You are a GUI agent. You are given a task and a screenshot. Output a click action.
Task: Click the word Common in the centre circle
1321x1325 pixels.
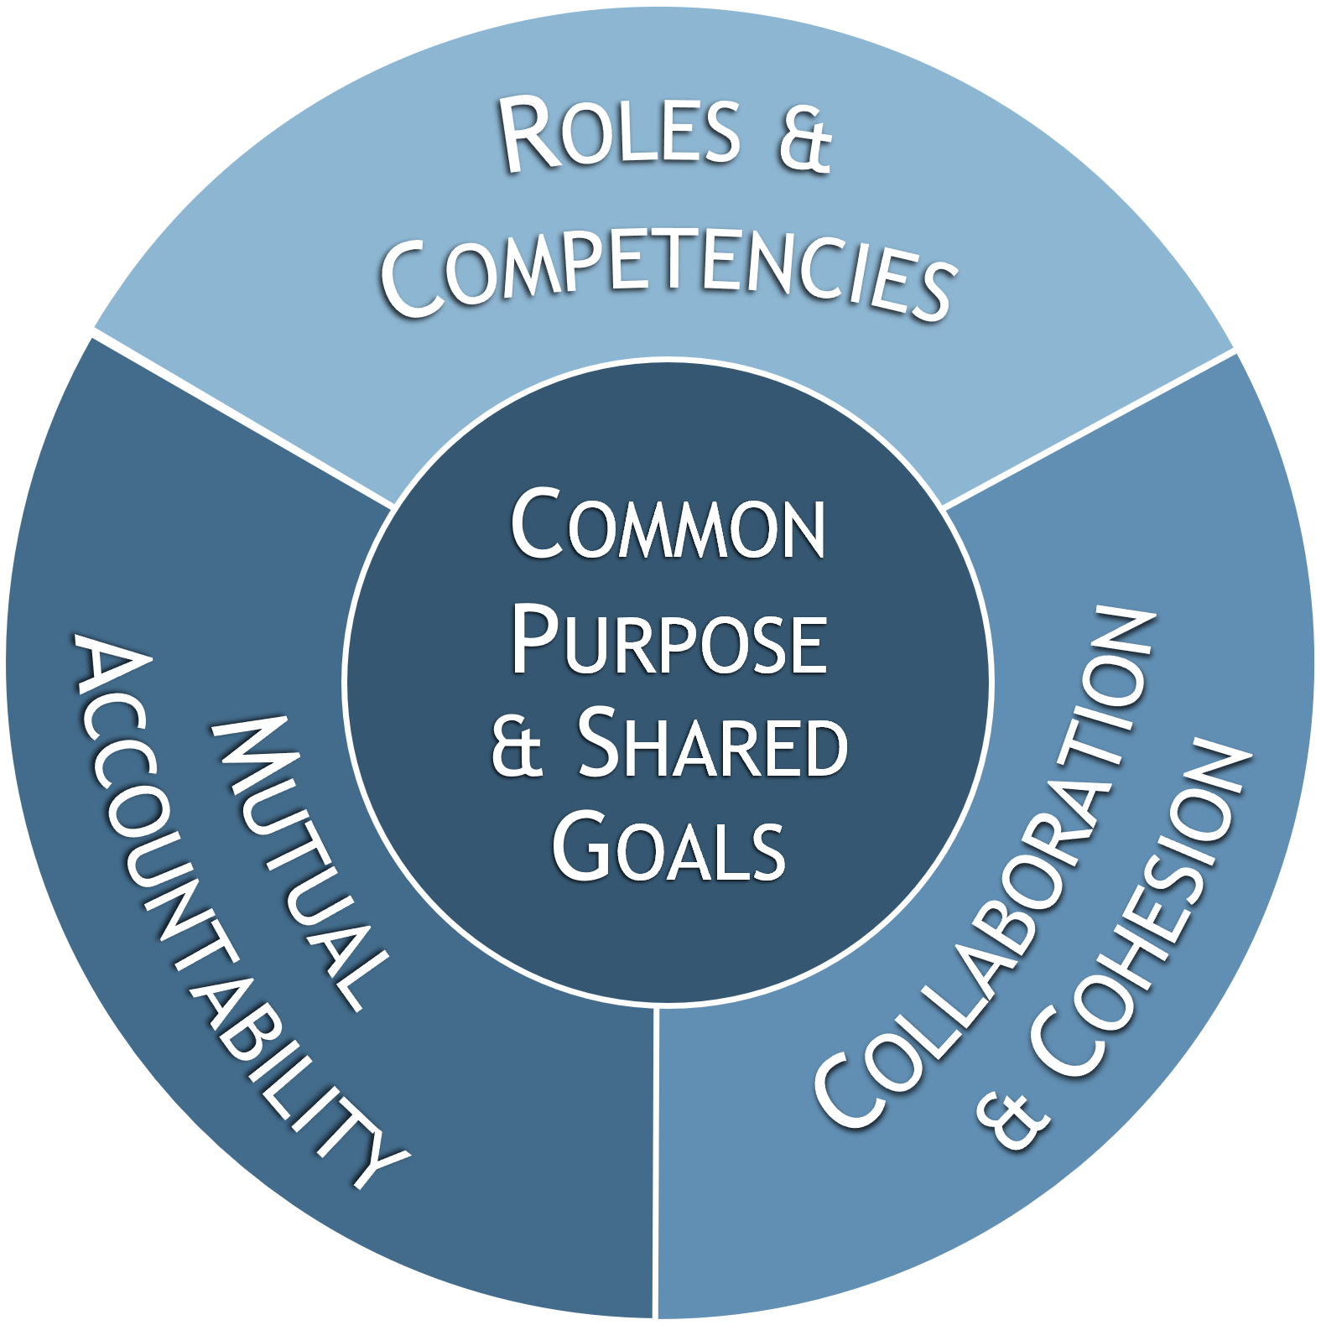coord(668,527)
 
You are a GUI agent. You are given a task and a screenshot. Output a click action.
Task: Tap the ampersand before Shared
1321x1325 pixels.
coord(517,749)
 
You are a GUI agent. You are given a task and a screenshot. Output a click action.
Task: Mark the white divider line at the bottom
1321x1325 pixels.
coord(658,1157)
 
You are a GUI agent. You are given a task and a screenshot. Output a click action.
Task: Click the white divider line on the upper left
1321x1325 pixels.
coord(243,419)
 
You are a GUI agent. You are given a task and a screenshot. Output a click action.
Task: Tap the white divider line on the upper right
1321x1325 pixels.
coord(1090,428)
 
